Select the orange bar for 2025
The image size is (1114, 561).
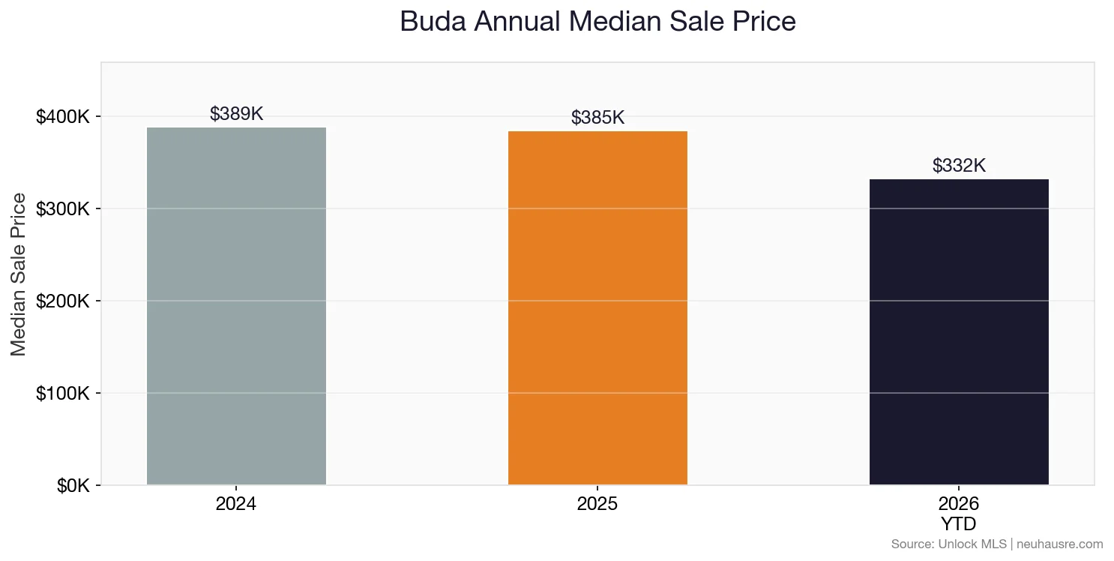(x=597, y=307)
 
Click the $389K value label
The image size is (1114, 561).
(x=236, y=114)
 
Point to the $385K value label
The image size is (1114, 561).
(x=597, y=118)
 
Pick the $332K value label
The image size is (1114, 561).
(x=959, y=166)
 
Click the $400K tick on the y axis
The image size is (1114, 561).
(x=63, y=117)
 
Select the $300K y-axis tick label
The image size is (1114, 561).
(x=63, y=209)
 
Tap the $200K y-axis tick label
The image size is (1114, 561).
(x=63, y=301)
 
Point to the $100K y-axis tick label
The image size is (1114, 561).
(x=63, y=394)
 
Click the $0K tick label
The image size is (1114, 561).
(x=73, y=486)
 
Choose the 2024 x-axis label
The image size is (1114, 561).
(x=236, y=504)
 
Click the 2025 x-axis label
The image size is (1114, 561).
(x=597, y=504)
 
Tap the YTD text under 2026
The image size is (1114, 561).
(x=959, y=523)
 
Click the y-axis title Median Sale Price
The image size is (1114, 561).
(x=19, y=274)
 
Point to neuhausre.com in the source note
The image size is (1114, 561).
(x=1061, y=544)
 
